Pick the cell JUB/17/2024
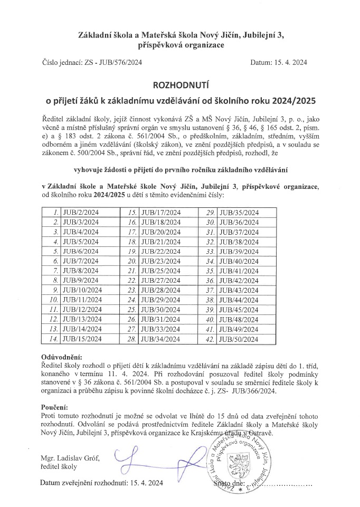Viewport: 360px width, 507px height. pos(161,212)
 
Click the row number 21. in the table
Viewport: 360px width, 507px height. pos(132,271)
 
